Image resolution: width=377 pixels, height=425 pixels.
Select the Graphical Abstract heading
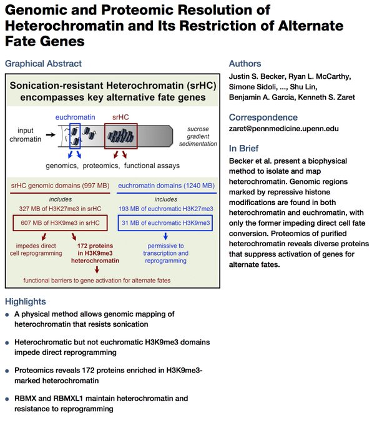[x=42, y=63]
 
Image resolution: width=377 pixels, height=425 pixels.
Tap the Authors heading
[x=245, y=63]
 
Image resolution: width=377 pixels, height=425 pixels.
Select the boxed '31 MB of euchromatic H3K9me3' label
[x=165, y=222]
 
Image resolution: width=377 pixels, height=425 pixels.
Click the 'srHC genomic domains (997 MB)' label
[x=61, y=186]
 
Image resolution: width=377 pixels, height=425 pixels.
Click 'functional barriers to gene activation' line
[x=97, y=281]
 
